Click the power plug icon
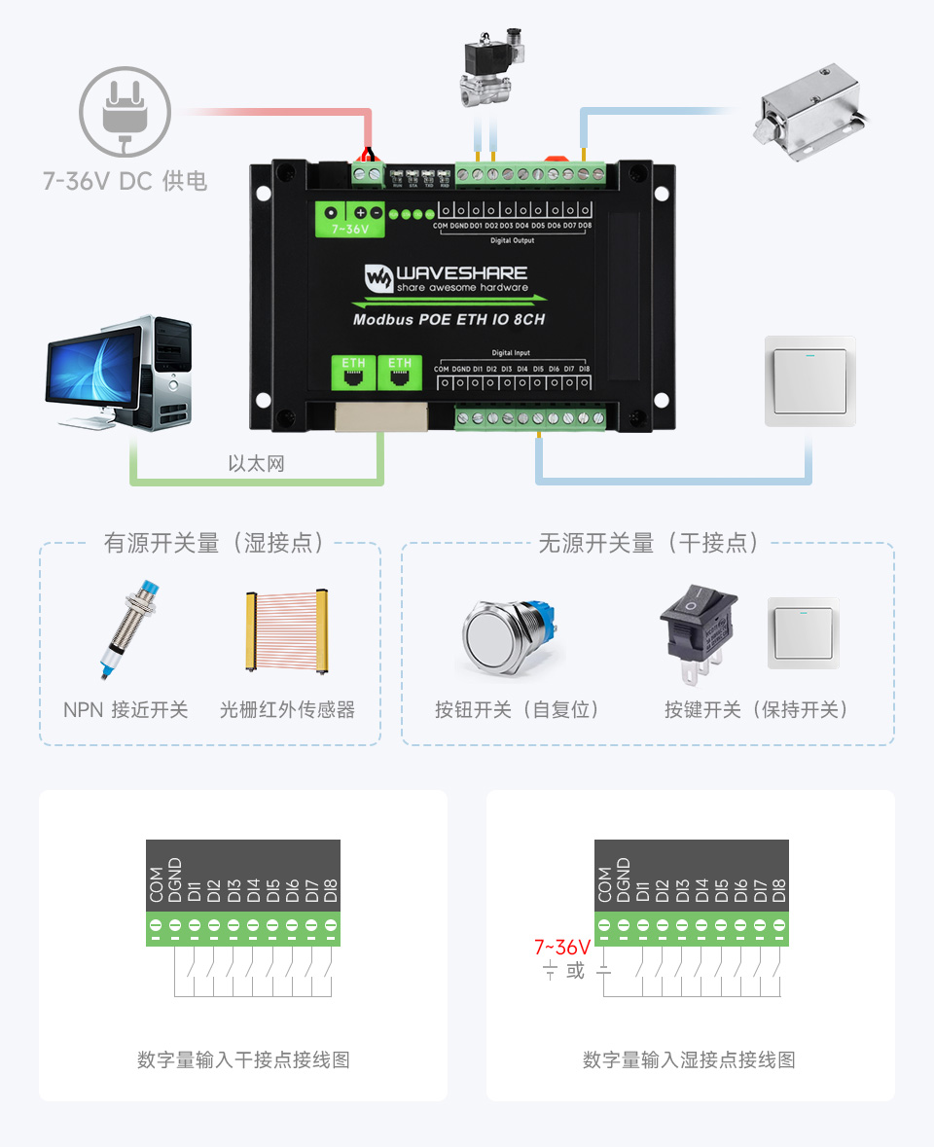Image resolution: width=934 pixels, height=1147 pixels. pyautogui.click(x=125, y=111)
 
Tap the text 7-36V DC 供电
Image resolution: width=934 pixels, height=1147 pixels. pyautogui.click(x=125, y=181)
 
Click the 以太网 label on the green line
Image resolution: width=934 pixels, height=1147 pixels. pyautogui.click(x=256, y=463)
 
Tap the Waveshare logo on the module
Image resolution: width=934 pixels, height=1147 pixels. pyautogui.click(x=446, y=278)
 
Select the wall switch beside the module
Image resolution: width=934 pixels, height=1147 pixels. pyautogui.click(x=809, y=380)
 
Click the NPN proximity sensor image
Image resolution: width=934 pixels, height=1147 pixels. pyautogui.click(x=126, y=629)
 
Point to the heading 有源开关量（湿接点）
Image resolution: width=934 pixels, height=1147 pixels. pyautogui.click(x=215, y=543)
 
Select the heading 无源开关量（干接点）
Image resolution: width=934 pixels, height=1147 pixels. pyautogui.click(x=648, y=543)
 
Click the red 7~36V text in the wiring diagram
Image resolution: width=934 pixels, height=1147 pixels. pyautogui.click(x=562, y=947)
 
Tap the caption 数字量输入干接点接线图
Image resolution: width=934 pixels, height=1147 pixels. pyautogui.click(x=243, y=1059)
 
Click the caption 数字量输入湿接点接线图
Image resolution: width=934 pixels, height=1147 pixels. pyautogui.click(x=689, y=1059)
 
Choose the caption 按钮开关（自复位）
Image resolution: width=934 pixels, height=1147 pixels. pyautogui.click(x=518, y=709)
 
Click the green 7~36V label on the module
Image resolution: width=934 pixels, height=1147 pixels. pyautogui.click(x=350, y=230)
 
